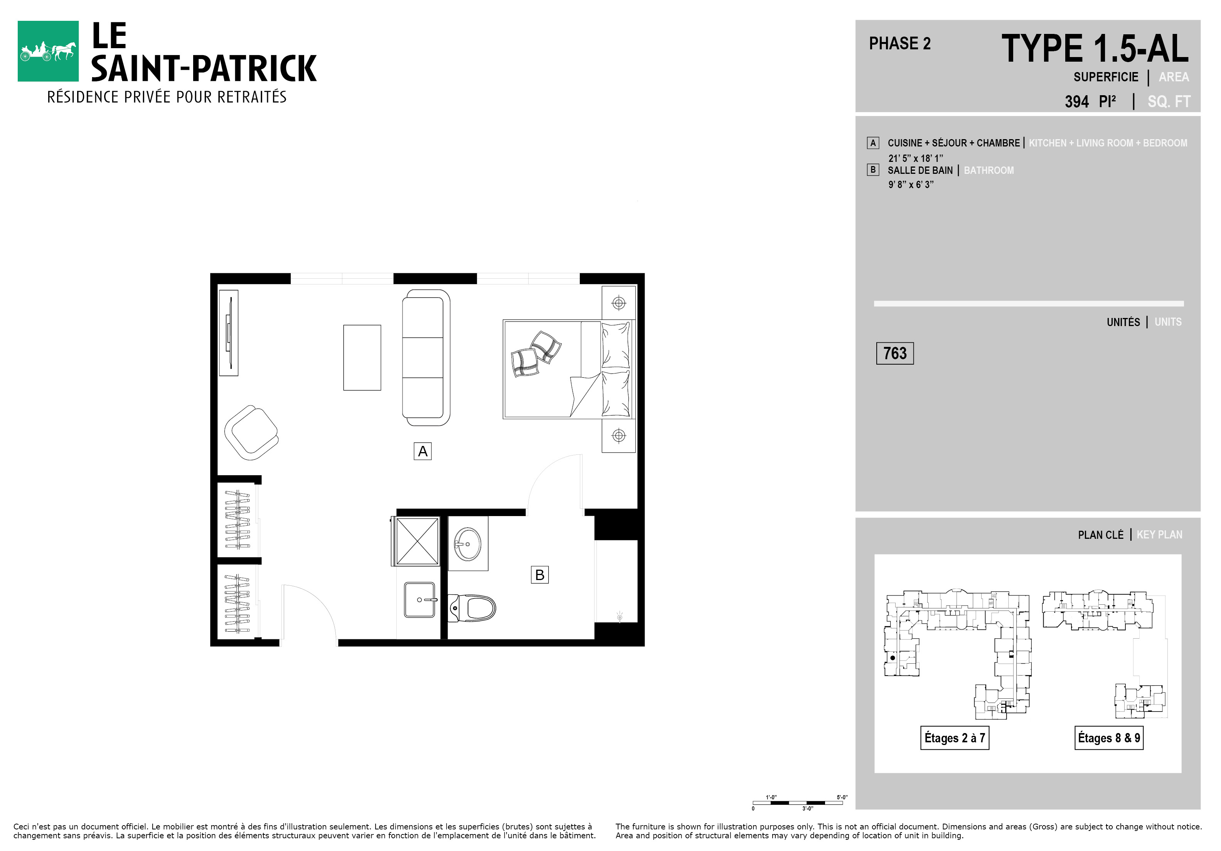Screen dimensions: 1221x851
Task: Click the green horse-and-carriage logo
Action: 48,51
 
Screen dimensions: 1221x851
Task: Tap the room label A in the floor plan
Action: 423,451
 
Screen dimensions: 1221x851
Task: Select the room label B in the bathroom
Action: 540,575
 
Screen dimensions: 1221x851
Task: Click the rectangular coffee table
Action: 362,358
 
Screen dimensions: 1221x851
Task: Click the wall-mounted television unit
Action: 229,333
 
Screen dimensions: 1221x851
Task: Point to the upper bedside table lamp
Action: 618,303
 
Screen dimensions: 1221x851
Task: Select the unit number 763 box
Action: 895,353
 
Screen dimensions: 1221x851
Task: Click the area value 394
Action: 1077,101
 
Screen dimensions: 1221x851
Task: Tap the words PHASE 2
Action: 900,44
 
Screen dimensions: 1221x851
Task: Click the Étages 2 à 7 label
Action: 955,738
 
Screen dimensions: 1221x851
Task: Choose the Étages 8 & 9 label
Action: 1109,738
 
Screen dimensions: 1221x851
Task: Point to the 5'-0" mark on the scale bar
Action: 842,797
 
